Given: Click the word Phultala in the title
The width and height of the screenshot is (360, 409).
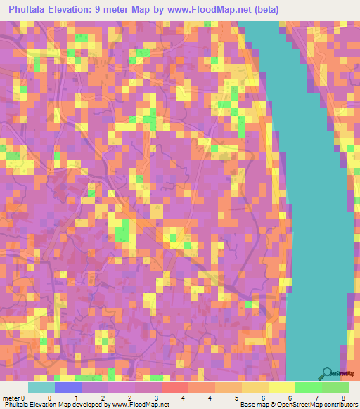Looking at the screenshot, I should click(30, 10).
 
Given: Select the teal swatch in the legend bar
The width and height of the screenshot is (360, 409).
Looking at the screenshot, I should click(41, 388).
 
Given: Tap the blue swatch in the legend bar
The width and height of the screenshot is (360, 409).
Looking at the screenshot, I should click(68, 388).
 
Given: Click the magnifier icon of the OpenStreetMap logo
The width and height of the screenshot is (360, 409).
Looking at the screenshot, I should click(327, 373).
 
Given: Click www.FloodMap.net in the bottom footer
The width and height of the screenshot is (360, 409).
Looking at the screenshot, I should click(140, 405).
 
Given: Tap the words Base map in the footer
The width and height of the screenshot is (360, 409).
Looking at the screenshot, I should click(252, 405).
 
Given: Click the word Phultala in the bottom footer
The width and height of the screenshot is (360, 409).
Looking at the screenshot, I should click(17, 405).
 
